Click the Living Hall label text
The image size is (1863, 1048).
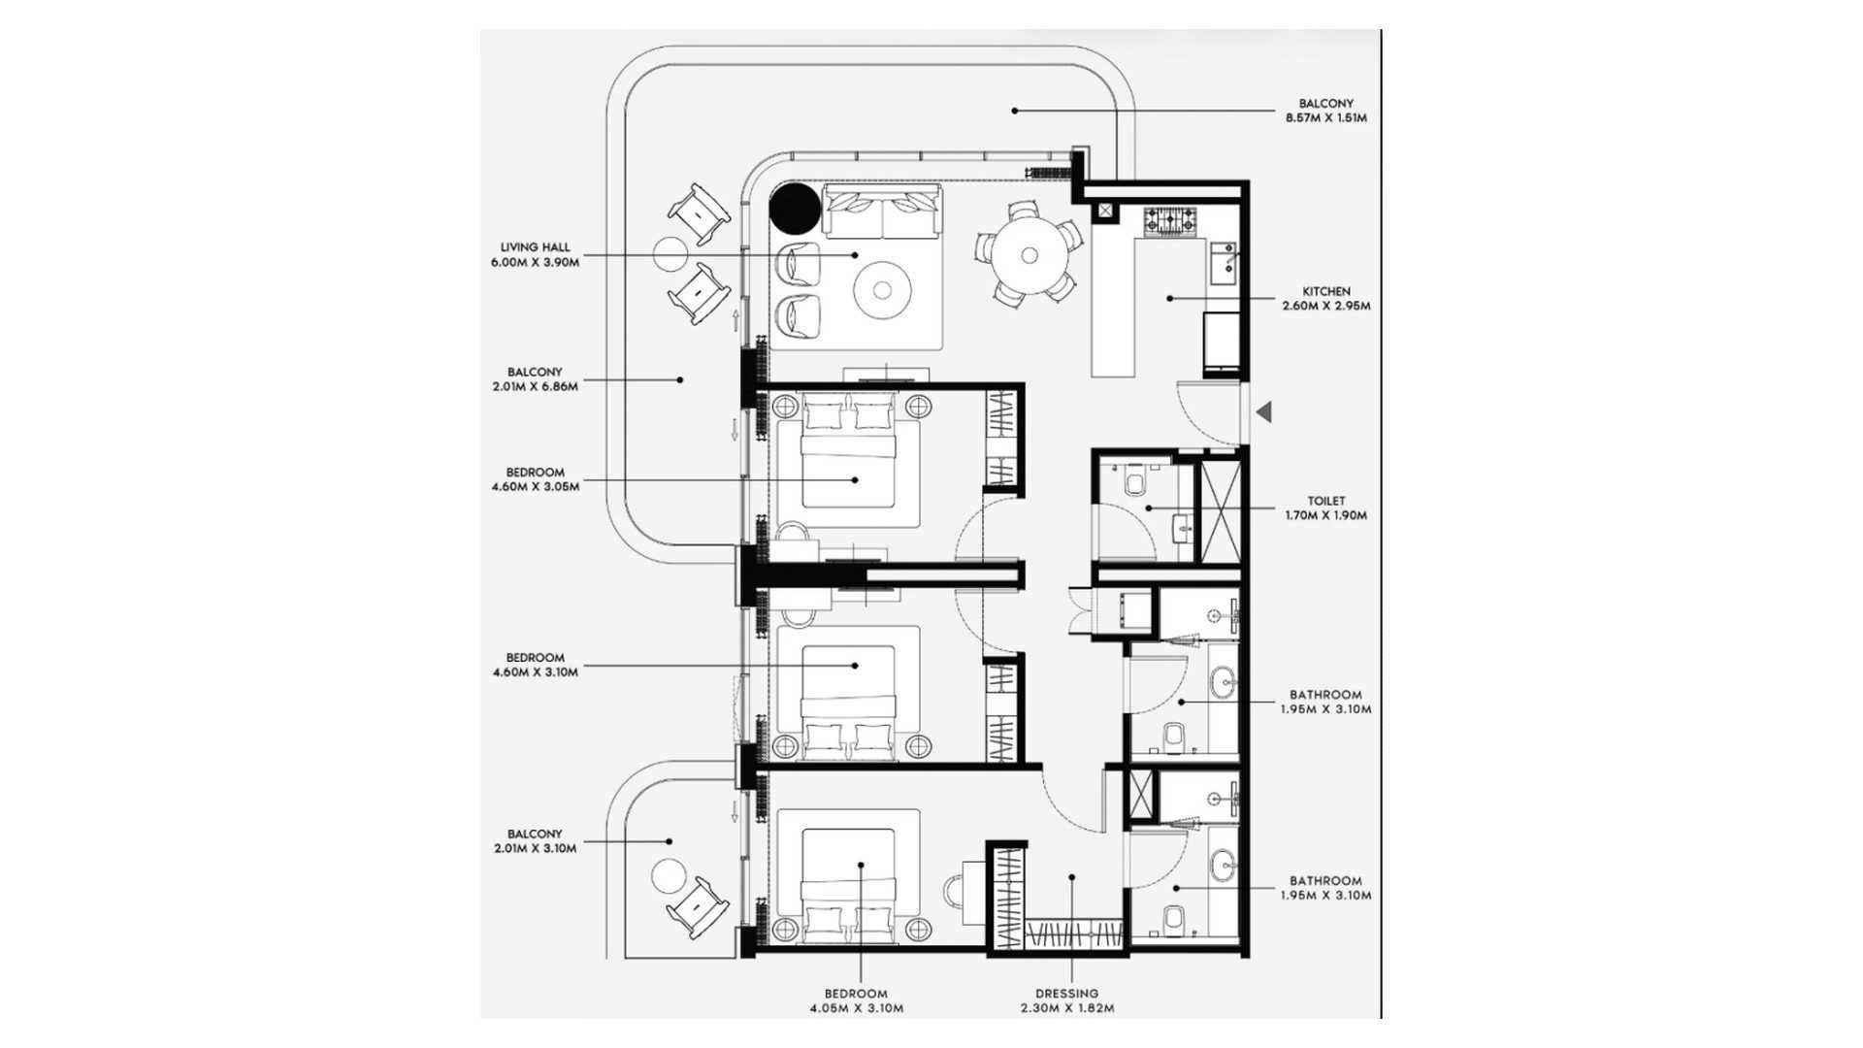click(535, 255)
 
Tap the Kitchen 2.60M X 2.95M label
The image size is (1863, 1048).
click(1325, 299)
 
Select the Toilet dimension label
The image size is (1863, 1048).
click(1325, 508)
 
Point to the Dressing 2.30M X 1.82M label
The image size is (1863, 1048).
click(1066, 1000)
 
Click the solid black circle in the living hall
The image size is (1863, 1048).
click(794, 209)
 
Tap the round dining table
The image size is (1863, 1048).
click(1029, 255)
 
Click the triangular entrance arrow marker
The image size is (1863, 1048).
click(1263, 412)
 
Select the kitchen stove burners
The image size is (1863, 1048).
click(1173, 223)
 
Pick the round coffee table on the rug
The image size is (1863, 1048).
click(882, 288)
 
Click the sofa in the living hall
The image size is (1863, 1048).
click(882, 213)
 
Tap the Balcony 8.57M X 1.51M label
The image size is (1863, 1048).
click(1326, 111)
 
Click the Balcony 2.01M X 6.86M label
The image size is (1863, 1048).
click(535, 379)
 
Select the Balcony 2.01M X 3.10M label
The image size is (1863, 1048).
click(535, 841)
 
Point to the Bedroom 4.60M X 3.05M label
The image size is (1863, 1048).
click(535, 479)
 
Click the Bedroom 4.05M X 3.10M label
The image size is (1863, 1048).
click(856, 1000)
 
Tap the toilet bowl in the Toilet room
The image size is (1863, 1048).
click(1133, 482)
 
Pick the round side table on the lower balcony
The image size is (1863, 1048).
click(669, 876)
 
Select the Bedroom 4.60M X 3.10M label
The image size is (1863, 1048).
click(535, 665)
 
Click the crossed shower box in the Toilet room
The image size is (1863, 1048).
click(1221, 508)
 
